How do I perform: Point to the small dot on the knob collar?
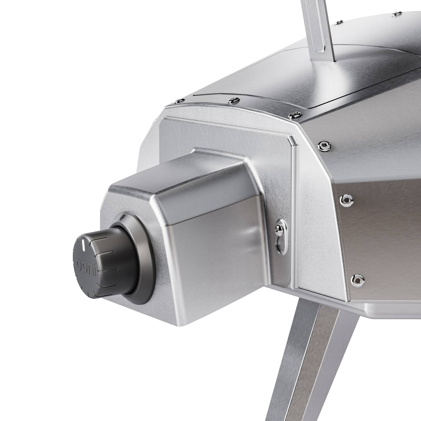pyautogui.click(x=123, y=217)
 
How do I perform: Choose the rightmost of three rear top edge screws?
pyautogui.click(x=294, y=115)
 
